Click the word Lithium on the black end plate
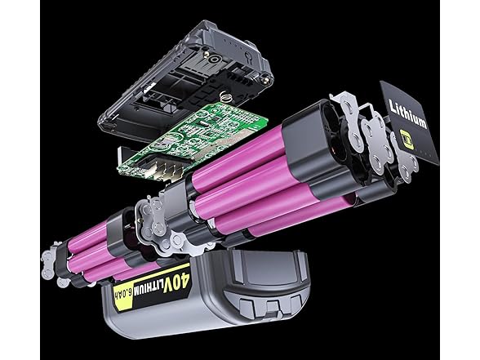pyautogui.click(x=407, y=114)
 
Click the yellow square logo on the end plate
pyautogui.click(x=407, y=140)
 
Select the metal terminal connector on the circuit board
pyautogui.click(x=166, y=167)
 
